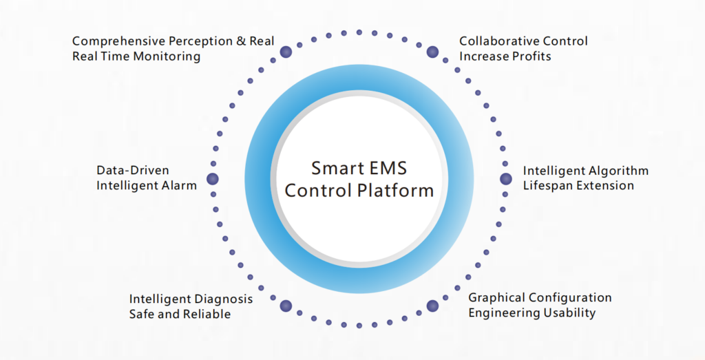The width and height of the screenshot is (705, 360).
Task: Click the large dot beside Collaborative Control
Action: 432,52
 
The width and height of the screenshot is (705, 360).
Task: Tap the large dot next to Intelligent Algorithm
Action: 506,179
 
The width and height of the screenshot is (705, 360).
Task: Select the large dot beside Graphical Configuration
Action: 432,306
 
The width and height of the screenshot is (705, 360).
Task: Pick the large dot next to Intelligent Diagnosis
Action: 286,306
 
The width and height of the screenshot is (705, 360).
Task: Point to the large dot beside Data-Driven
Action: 213,179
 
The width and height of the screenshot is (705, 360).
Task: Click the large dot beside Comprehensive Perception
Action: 286,52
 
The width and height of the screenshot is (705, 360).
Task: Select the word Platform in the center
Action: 397,190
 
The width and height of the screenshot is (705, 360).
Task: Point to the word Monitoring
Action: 165,56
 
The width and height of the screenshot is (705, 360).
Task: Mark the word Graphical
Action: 497,298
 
